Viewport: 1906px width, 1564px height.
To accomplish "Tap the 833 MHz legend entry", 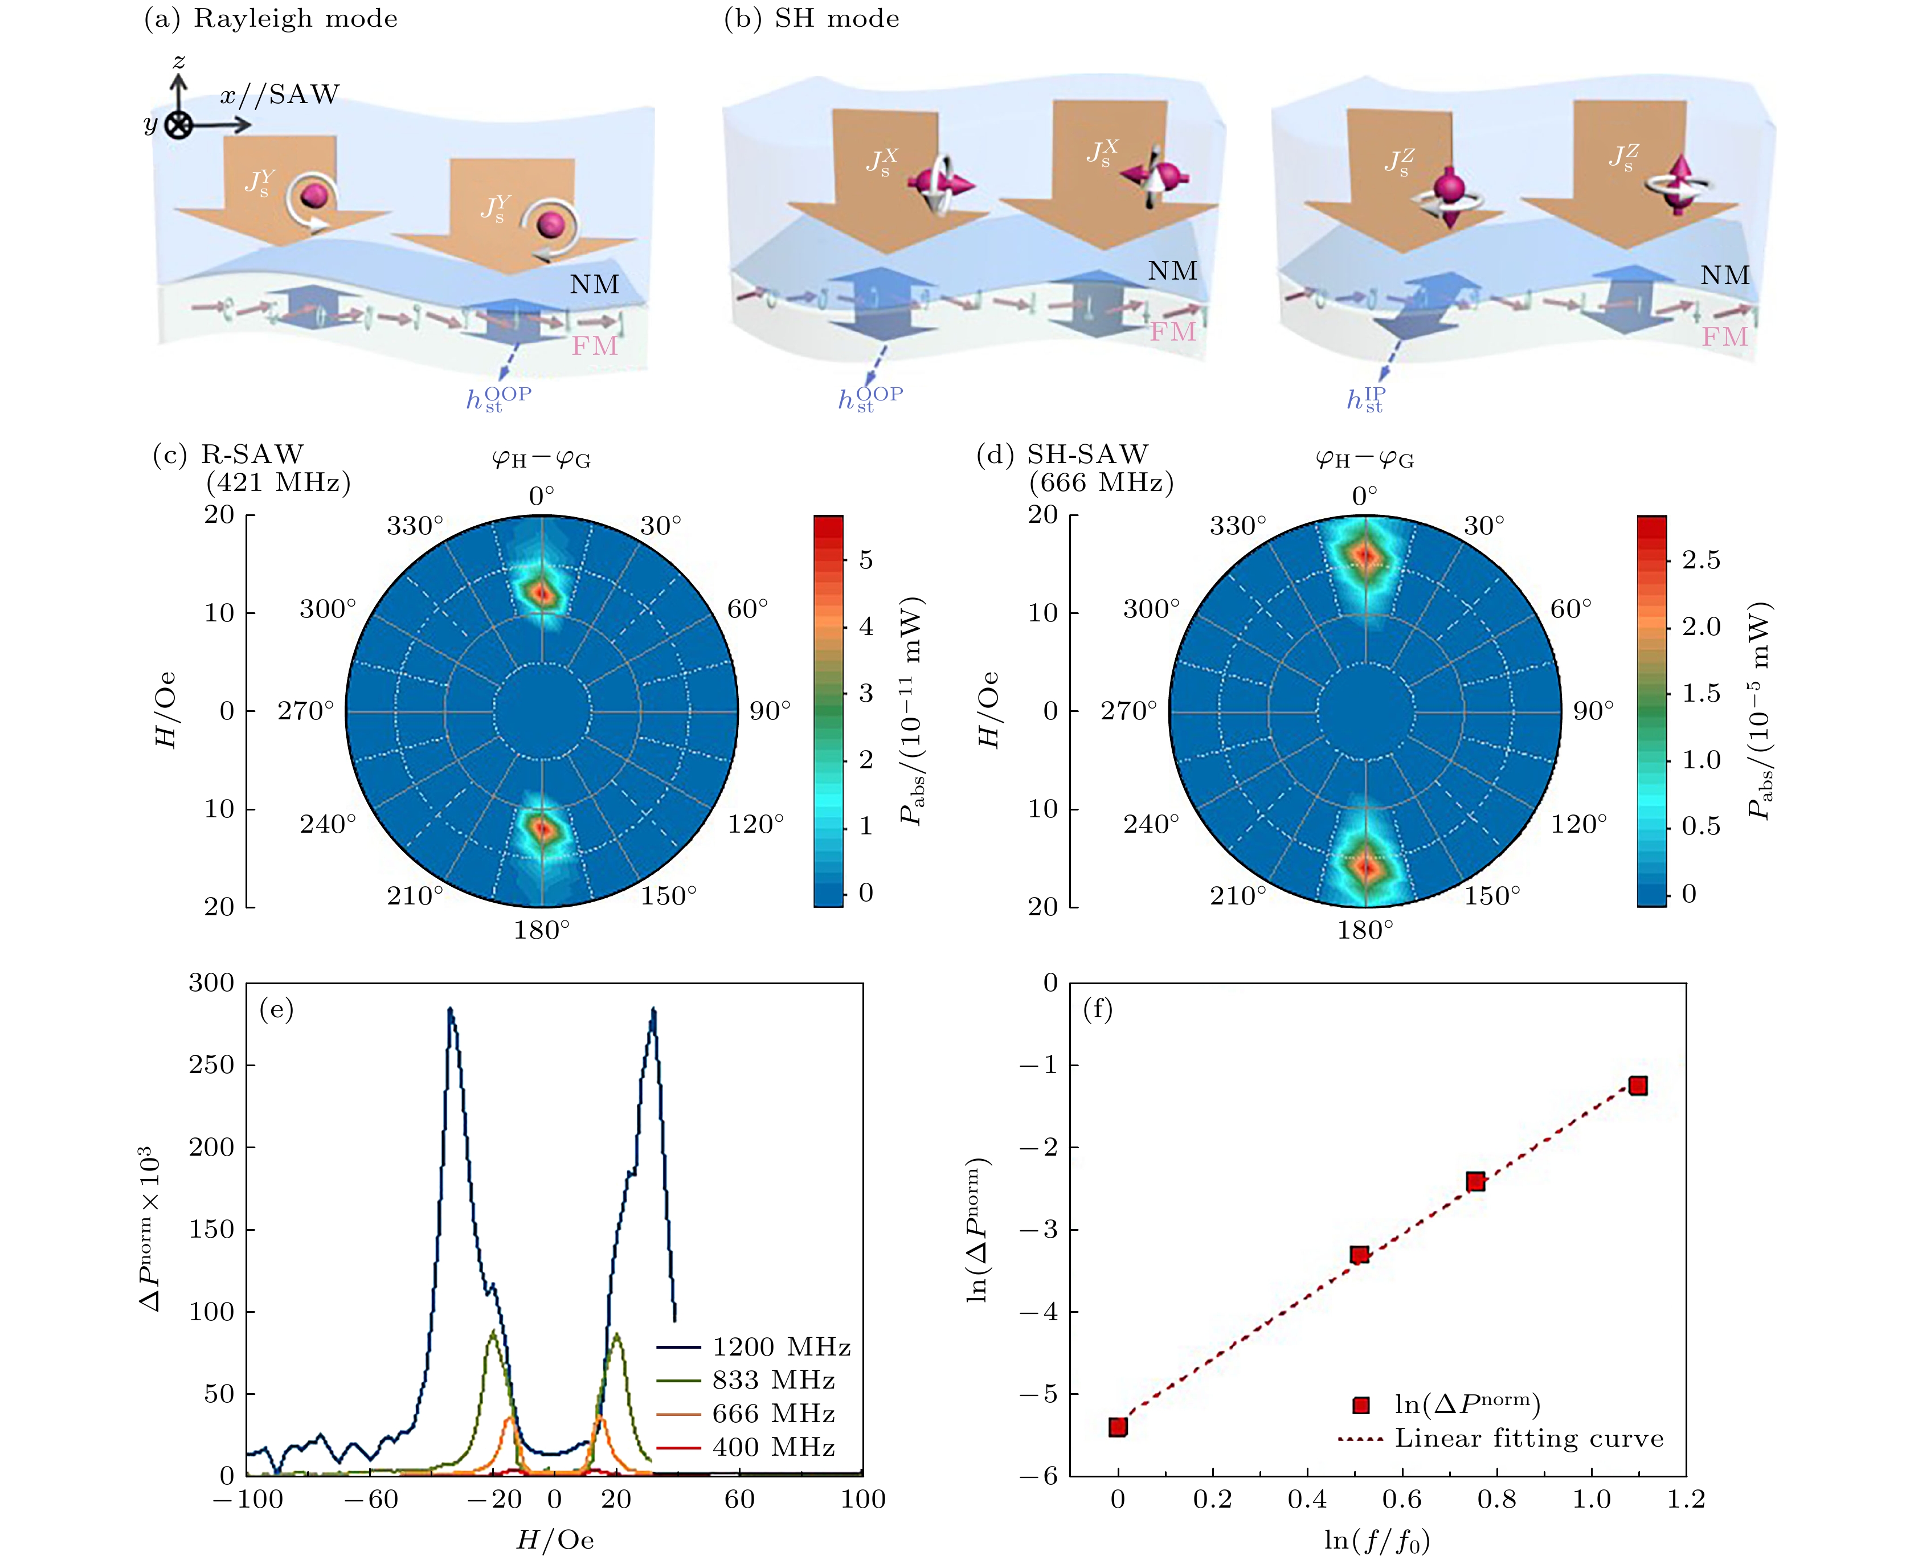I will tap(773, 1380).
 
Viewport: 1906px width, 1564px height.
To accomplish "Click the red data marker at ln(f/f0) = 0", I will tap(1118, 1427).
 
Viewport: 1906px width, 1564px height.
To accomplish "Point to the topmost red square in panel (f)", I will tap(1638, 1086).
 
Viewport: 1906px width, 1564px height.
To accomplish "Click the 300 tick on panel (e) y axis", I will tap(212, 983).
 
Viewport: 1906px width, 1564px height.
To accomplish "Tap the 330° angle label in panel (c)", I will tap(415, 526).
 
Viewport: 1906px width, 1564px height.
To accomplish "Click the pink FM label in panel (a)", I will tap(595, 345).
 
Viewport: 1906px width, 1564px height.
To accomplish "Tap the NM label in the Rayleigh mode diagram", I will tap(595, 285).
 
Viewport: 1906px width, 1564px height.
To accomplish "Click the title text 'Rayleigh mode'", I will tap(296, 19).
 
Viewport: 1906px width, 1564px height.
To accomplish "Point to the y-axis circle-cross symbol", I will tap(179, 125).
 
